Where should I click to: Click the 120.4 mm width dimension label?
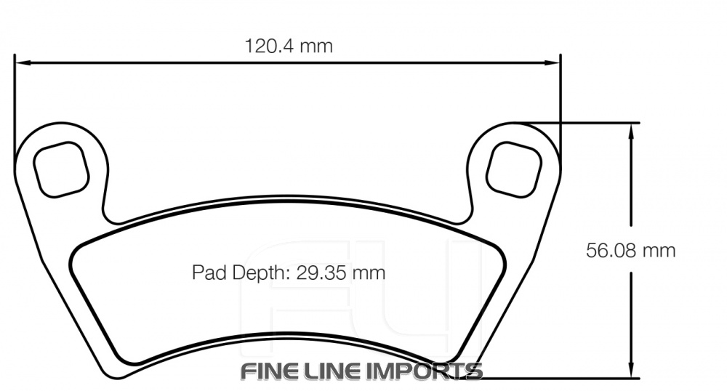click(x=288, y=47)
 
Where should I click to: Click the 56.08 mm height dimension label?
click(x=631, y=251)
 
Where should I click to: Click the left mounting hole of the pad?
click(x=61, y=169)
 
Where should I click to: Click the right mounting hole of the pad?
click(x=515, y=169)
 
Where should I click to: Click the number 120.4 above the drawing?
click(x=269, y=47)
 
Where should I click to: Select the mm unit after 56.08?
click(x=659, y=251)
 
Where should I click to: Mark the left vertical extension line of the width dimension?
click(x=15, y=102)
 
